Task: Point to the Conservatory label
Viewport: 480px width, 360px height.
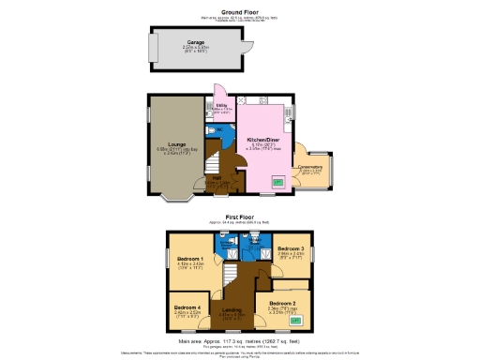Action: click(308, 168)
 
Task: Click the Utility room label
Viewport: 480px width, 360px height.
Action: click(223, 107)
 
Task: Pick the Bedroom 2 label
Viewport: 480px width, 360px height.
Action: click(282, 304)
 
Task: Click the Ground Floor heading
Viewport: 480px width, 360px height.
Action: click(239, 11)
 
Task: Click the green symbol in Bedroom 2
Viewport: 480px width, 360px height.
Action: click(296, 320)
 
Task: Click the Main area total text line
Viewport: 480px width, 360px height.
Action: click(239, 341)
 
